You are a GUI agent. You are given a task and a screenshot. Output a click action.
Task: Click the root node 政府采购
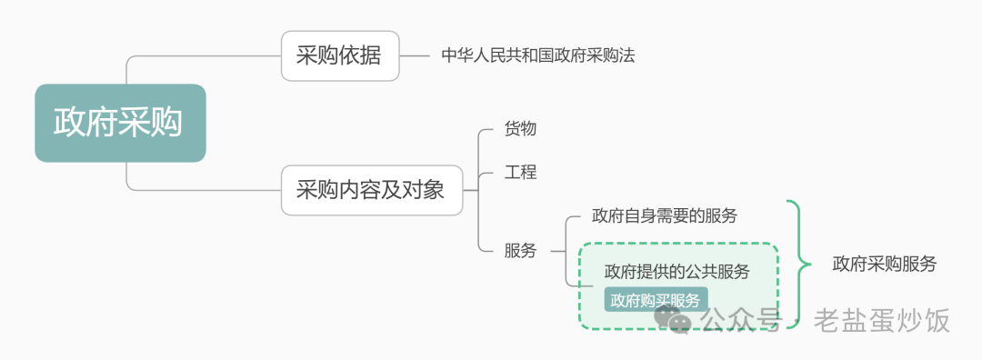(120, 123)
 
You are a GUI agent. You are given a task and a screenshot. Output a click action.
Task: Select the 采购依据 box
(340, 56)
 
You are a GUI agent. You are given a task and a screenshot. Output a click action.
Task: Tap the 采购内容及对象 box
(371, 190)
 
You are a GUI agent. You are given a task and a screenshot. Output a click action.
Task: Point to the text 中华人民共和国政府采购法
(537, 55)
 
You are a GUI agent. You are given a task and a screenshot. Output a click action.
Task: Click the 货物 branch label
(520, 129)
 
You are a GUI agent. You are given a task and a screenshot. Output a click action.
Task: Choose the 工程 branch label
(520, 172)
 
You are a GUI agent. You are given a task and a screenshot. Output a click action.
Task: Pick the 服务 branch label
(520, 251)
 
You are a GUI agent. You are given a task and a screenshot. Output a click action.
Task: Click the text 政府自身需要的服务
(664, 216)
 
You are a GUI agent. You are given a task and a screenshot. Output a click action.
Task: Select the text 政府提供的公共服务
(677, 271)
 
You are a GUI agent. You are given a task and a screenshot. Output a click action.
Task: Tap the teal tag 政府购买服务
(656, 300)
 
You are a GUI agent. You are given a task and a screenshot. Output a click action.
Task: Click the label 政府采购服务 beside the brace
(884, 265)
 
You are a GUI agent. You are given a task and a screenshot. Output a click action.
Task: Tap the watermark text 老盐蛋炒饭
(881, 320)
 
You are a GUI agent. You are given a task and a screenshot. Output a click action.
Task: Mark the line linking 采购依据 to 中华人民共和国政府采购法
(415, 56)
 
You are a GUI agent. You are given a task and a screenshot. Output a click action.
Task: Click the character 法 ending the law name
(626, 55)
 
